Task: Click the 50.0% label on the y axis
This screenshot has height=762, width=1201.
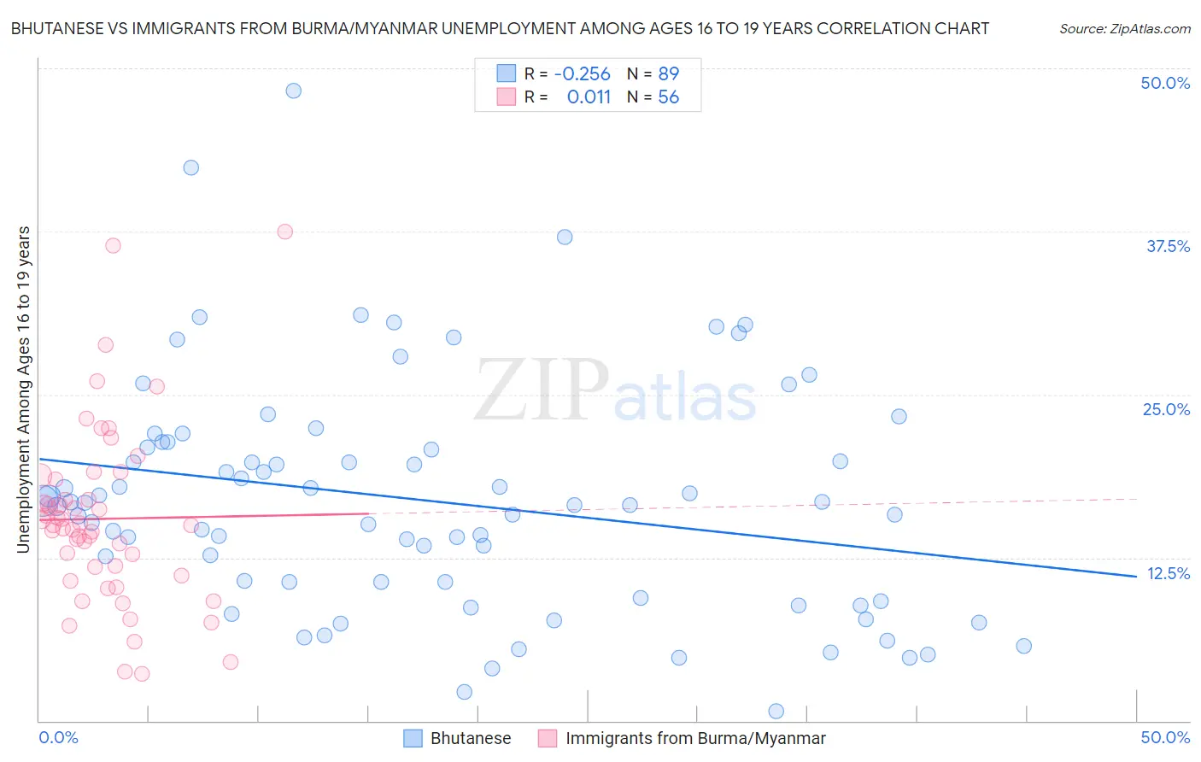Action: point(1165,83)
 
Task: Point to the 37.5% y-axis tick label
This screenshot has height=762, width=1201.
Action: point(1168,246)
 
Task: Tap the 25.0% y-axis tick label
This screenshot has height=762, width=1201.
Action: point(1166,409)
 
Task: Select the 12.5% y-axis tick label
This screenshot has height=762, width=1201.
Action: point(1168,573)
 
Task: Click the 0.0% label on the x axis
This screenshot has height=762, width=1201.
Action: point(58,737)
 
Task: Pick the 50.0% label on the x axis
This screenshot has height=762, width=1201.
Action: point(1165,737)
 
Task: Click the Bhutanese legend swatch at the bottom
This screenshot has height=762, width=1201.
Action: point(413,738)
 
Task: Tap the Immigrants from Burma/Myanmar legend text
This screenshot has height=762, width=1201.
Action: point(695,738)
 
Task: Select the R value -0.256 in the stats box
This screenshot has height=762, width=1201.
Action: point(582,73)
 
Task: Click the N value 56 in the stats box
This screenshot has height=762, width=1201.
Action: point(668,97)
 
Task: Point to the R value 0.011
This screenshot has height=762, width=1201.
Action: point(589,97)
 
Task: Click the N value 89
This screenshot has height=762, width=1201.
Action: point(668,73)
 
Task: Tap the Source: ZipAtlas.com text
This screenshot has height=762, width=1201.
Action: point(1124,28)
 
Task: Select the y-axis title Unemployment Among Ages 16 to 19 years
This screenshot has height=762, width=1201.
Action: point(24,390)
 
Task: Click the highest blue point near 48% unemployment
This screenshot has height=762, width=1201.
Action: point(293,91)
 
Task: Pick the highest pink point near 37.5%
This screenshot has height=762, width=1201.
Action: point(285,232)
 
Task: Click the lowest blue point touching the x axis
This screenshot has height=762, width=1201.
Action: point(776,711)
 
